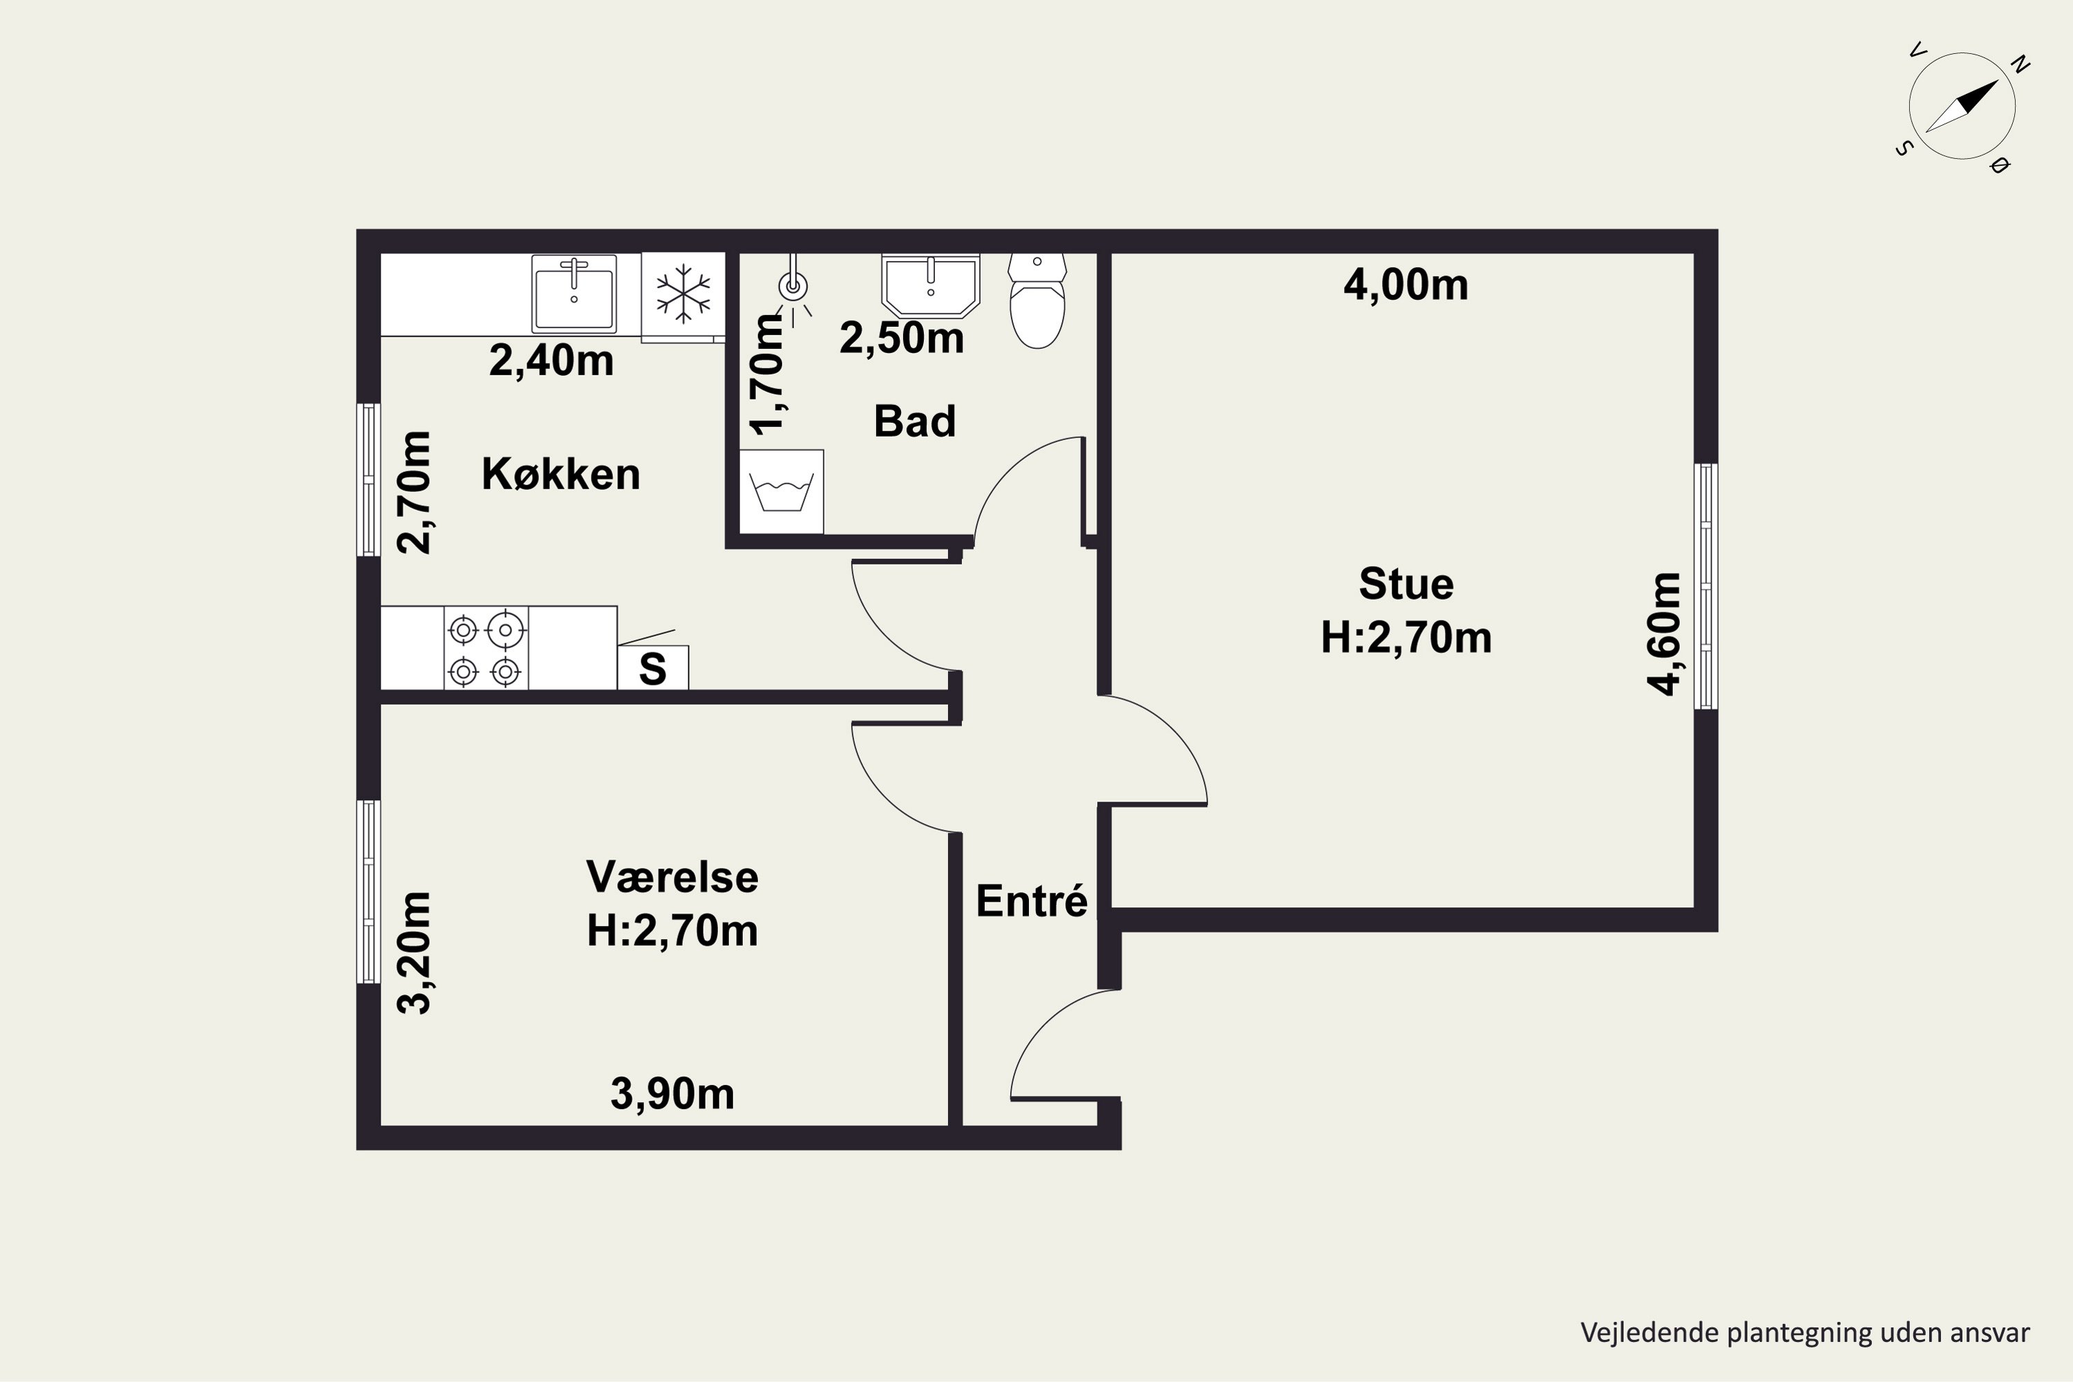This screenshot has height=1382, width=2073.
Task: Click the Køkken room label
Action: click(x=560, y=474)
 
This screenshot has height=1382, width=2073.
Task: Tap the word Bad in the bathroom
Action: click(x=915, y=422)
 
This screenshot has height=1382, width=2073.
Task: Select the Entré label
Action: click(x=1031, y=901)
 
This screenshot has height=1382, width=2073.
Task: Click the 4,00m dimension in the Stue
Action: click(x=1405, y=285)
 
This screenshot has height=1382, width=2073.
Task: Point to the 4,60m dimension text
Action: click(x=1665, y=634)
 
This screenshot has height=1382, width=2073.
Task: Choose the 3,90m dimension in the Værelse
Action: click(x=672, y=1094)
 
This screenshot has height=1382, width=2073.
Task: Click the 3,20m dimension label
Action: click(x=414, y=953)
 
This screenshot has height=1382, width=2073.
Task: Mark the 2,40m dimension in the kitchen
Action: click(x=551, y=361)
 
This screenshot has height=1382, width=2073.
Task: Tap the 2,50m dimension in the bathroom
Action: click(x=902, y=339)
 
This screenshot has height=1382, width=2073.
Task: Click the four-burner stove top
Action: click(x=486, y=648)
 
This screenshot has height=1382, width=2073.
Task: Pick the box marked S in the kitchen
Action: click(x=652, y=668)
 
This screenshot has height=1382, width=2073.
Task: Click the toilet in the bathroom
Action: click(x=1037, y=301)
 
